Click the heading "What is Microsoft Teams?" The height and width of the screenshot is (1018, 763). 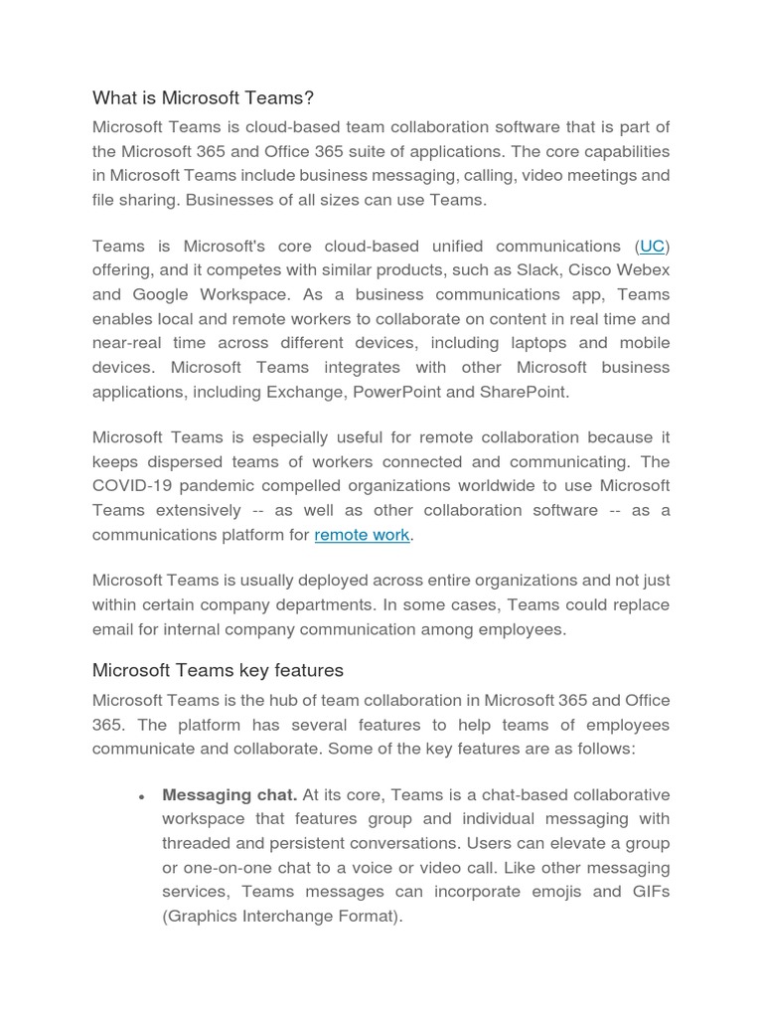(203, 97)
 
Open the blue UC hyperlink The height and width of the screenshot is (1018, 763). (652, 247)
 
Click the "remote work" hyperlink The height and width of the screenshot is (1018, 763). (362, 535)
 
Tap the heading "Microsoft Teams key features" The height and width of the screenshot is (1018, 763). (218, 670)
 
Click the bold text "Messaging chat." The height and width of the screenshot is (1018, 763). (229, 795)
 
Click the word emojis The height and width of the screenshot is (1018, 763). (554, 892)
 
